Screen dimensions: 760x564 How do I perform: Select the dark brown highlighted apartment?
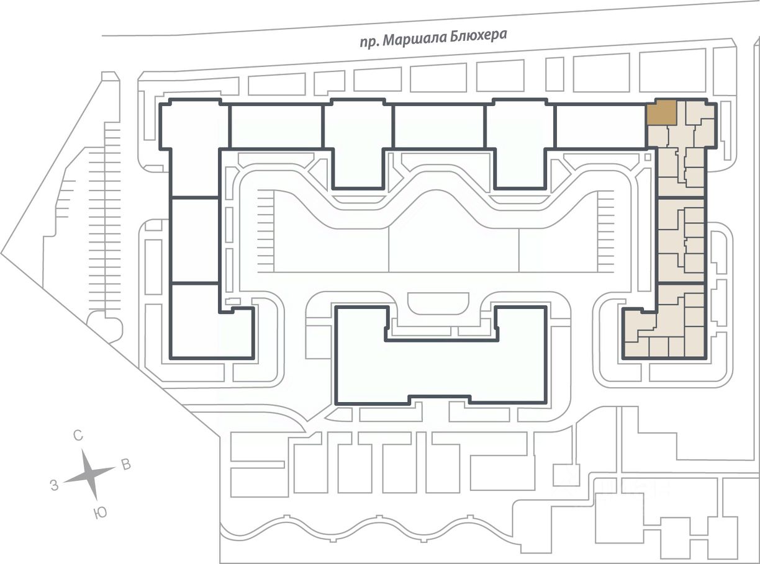point(661,112)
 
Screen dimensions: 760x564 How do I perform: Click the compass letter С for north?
point(78,436)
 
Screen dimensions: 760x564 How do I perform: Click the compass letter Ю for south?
point(100,513)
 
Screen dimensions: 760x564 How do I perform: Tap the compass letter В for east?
point(126,465)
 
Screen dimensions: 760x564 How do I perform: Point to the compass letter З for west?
point(54,486)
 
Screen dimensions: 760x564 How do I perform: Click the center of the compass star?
point(90,475)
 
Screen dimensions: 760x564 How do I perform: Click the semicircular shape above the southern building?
point(438,304)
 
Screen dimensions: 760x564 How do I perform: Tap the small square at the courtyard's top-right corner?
point(647,157)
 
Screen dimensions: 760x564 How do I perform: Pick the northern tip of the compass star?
point(83,450)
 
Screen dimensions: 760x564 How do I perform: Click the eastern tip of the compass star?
point(115,467)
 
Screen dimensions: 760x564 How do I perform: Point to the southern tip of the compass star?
point(96,500)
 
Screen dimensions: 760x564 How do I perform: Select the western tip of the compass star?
point(64,482)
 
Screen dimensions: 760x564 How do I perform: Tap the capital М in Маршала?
point(388,41)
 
